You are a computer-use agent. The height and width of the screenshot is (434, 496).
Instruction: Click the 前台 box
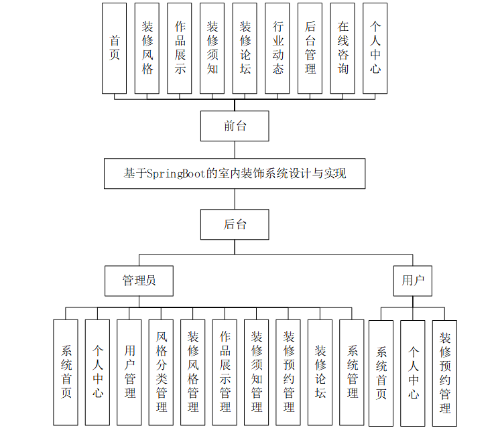(235, 126)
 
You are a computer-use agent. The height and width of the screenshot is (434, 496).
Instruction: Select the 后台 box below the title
(235, 224)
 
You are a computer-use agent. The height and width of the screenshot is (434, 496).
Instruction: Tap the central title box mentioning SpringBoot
(235, 173)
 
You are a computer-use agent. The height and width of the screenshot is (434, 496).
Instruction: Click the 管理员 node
(139, 281)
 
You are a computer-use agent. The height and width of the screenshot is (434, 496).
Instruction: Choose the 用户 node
(412, 281)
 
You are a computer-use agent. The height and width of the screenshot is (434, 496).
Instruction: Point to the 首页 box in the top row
(114, 48)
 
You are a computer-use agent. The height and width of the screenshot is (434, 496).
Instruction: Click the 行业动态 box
(277, 48)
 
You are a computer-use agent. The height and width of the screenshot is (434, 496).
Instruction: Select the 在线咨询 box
(343, 48)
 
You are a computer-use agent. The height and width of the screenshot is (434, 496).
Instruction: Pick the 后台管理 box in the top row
(310, 48)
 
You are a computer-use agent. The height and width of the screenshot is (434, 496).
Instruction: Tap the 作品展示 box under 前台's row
(180, 48)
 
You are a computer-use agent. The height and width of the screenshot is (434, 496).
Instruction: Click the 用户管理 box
(129, 372)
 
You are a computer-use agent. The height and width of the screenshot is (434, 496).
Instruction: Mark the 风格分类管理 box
(161, 372)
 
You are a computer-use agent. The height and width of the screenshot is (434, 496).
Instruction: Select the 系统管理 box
(352, 372)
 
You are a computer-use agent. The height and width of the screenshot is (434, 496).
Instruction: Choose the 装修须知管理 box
(257, 372)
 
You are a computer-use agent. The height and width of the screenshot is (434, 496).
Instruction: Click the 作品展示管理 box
(225, 372)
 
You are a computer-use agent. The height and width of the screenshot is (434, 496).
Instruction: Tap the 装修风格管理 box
(193, 372)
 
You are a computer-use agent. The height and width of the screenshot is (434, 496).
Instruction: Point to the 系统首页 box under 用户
(381, 372)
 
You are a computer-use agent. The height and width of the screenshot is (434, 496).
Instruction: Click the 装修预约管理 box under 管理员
(288, 372)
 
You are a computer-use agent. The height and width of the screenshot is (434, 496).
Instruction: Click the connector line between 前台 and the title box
(235, 149)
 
